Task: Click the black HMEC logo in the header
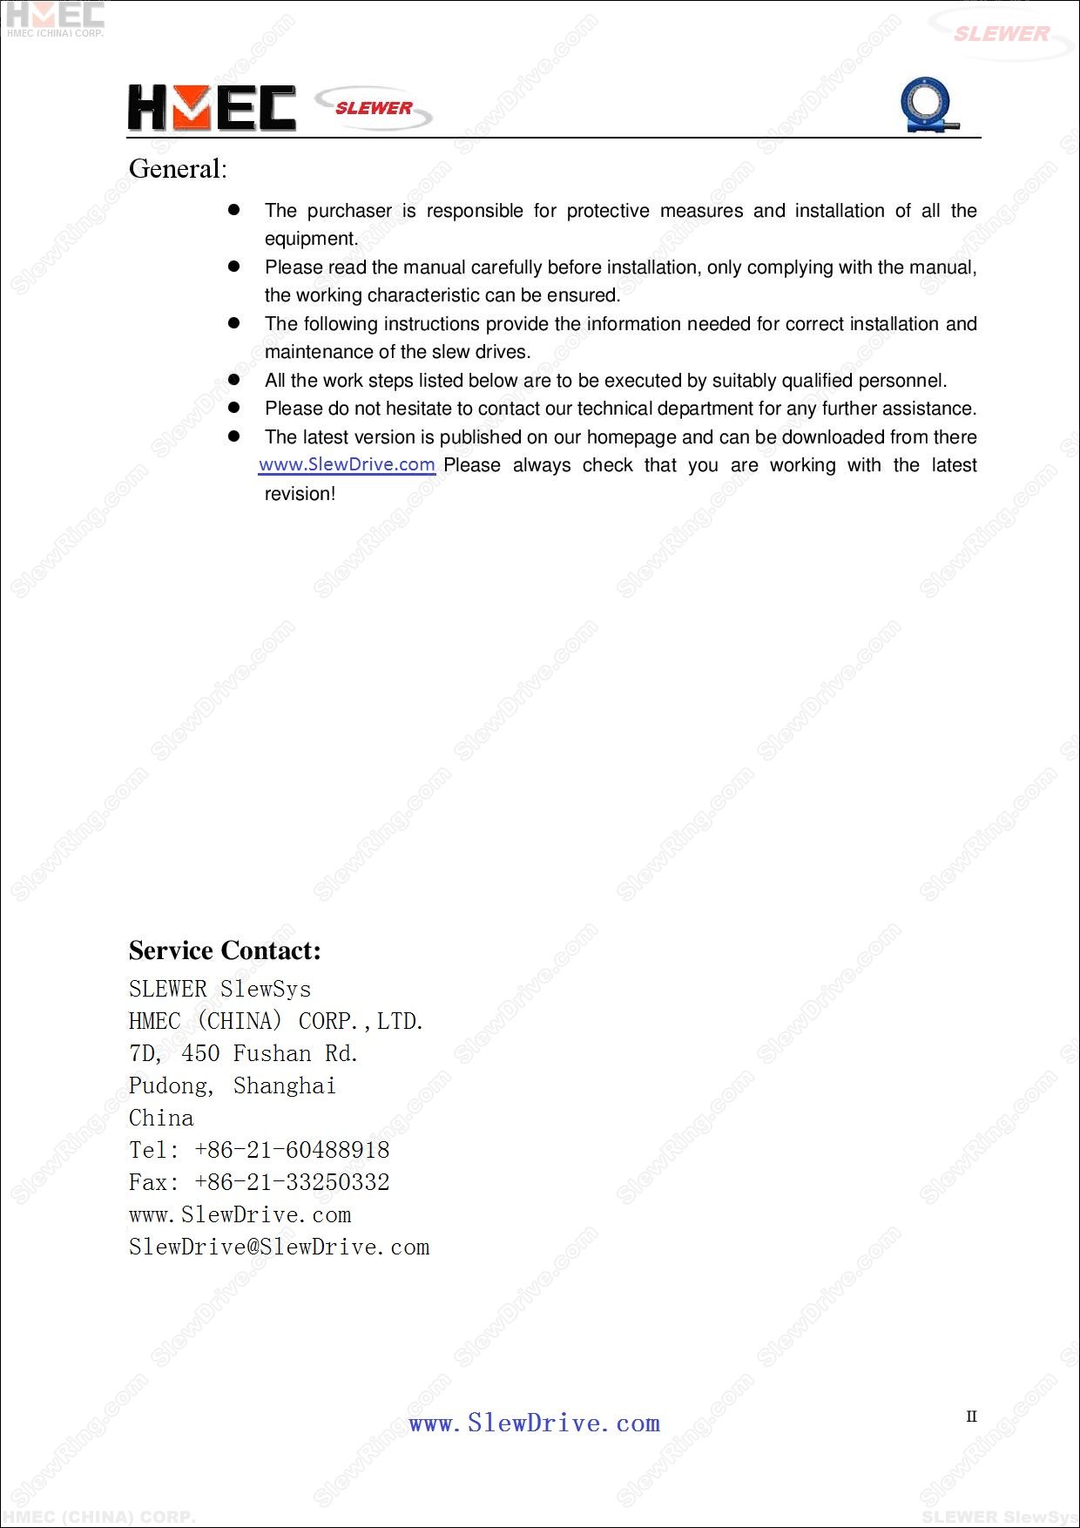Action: pos(212,108)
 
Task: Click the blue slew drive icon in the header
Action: pos(928,105)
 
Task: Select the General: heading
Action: pos(178,169)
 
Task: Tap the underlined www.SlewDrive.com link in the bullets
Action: pos(347,464)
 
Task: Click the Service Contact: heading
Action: pos(225,950)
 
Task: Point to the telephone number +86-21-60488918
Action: pos(292,1150)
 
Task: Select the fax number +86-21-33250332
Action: pos(292,1182)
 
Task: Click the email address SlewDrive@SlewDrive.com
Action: pos(279,1247)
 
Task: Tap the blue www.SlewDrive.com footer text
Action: pos(535,1423)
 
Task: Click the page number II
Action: pos(971,1416)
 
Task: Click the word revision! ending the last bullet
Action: pos(300,494)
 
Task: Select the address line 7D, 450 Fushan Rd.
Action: pos(244,1053)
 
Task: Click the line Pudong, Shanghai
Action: pos(233,1085)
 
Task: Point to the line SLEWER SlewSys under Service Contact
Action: pos(219,989)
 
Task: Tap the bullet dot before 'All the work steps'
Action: pos(233,380)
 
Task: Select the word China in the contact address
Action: pos(161,1118)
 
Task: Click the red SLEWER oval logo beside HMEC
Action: pos(374,108)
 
